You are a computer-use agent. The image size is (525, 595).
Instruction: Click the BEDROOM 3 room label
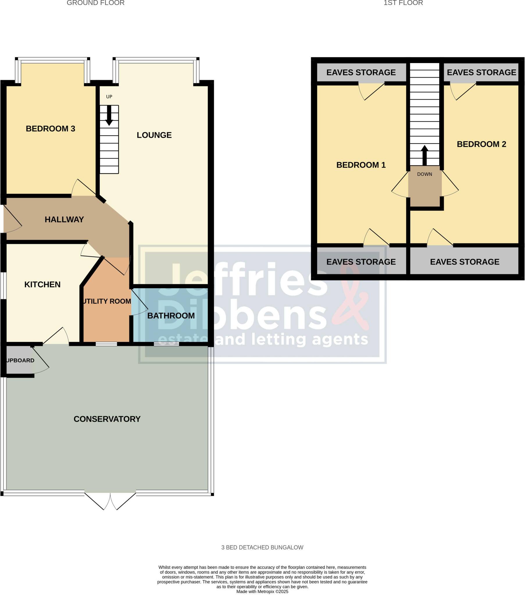point(50,129)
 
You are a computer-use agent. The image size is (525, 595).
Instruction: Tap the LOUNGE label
point(154,135)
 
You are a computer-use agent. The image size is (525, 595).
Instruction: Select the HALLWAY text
point(64,219)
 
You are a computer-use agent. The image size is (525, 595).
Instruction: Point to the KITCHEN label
point(42,284)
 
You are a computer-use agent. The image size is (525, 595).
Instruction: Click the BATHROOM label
point(171,316)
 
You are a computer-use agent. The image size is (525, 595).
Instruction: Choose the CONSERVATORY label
point(107,419)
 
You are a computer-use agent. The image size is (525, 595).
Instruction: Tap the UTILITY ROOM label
point(107,301)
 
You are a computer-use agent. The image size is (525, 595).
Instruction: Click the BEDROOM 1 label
point(361,165)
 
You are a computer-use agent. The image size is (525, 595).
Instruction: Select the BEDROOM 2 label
point(481,144)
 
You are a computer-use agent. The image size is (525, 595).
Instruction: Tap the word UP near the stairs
point(109,97)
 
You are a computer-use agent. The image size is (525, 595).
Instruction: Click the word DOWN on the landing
point(424,174)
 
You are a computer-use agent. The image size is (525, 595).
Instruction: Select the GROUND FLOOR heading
point(96,3)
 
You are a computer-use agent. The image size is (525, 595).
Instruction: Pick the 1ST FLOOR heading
point(403,3)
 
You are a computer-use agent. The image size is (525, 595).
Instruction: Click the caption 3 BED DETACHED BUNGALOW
point(262,547)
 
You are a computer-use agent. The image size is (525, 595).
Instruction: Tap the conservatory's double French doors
point(110,501)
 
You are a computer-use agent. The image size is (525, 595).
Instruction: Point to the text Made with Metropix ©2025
point(262,592)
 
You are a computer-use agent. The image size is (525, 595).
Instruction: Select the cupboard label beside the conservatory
point(20,360)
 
